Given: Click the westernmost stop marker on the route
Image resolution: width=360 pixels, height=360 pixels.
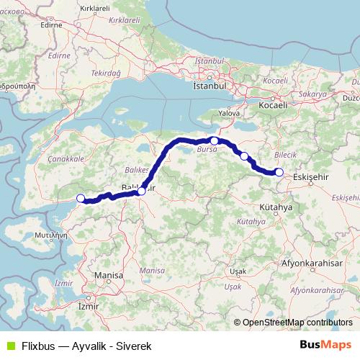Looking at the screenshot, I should tap(81, 198).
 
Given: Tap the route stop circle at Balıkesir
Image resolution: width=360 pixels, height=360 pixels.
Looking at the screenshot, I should tap(141, 191).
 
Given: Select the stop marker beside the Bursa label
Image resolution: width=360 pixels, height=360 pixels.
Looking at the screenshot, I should tap(215, 140).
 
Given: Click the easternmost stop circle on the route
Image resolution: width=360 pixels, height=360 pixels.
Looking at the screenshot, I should tap(279, 172).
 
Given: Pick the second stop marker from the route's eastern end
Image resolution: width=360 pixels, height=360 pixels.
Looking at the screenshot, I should tap(244, 156).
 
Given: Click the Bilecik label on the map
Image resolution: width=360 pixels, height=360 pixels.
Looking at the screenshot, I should tap(286, 155).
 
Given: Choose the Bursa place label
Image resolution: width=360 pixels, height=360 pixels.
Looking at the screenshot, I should tap(206, 151).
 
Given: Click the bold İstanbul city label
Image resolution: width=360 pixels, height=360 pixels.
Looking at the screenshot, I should tap(210, 85).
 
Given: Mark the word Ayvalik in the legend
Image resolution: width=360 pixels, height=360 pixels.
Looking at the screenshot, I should tap(88, 346).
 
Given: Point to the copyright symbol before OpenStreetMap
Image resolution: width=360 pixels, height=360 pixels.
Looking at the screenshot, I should tap(238, 323).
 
